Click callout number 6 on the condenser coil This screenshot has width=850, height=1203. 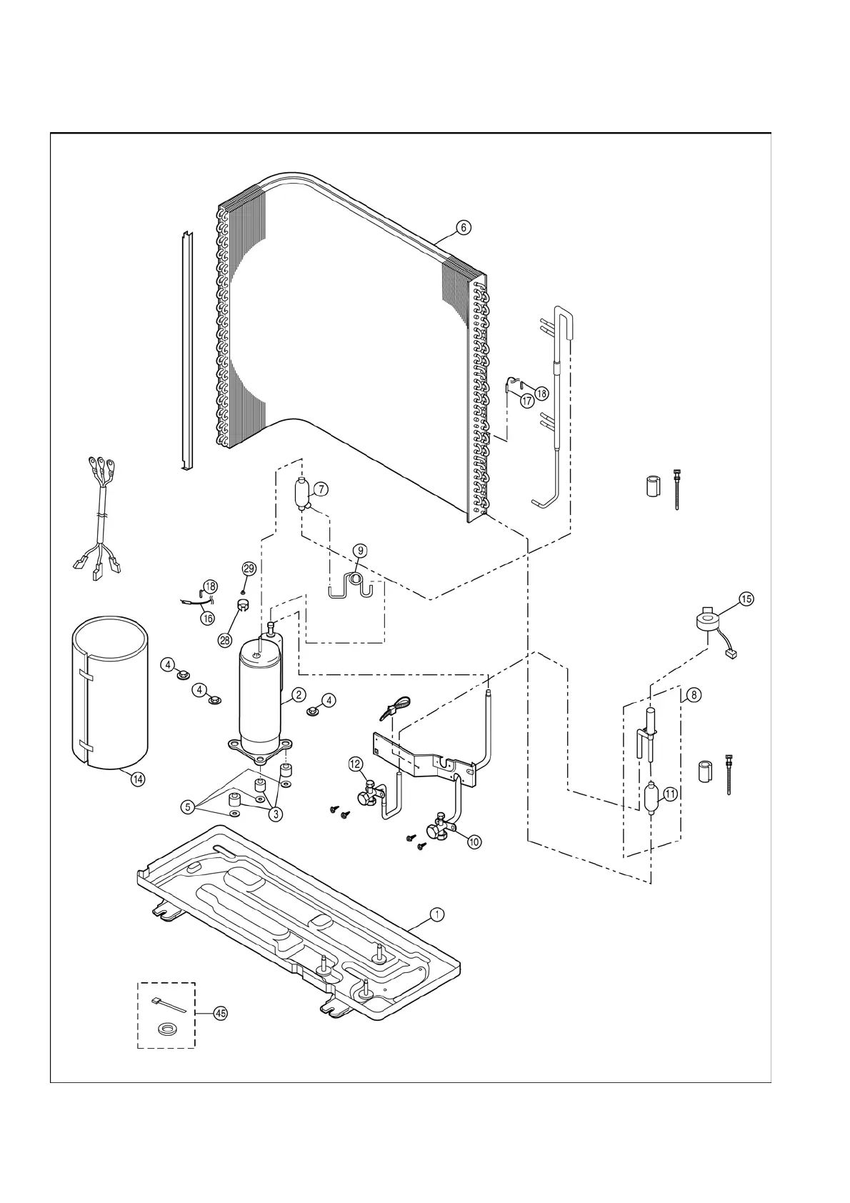pyautogui.click(x=464, y=228)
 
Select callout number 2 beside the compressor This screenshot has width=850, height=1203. pyautogui.click(x=299, y=694)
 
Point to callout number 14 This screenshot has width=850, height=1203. pyautogui.click(x=137, y=779)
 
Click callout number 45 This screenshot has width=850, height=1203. pyautogui.click(x=220, y=1014)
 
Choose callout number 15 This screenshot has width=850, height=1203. pyautogui.click(x=746, y=599)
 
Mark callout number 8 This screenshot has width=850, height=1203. pyautogui.click(x=693, y=694)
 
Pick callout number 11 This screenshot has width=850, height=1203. pyautogui.click(x=670, y=794)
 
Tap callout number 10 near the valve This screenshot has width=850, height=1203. pyautogui.click(x=474, y=842)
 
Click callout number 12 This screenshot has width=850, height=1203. pyautogui.click(x=356, y=764)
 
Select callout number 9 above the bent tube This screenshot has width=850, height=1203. pyautogui.click(x=360, y=551)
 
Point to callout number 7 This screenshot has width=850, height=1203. pyautogui.click(x=321, y=489)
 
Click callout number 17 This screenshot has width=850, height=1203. pyautogui.click(x=527, y=401)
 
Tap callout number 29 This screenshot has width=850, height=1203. pyautogui.click(x=249, y=569)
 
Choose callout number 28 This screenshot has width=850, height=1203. pyautogui.click(x=224, y=640)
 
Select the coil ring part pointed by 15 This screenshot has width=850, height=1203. pyautogui.click(x=708, y=621)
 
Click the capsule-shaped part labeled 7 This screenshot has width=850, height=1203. pyautogui.click(x=301, y=493)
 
